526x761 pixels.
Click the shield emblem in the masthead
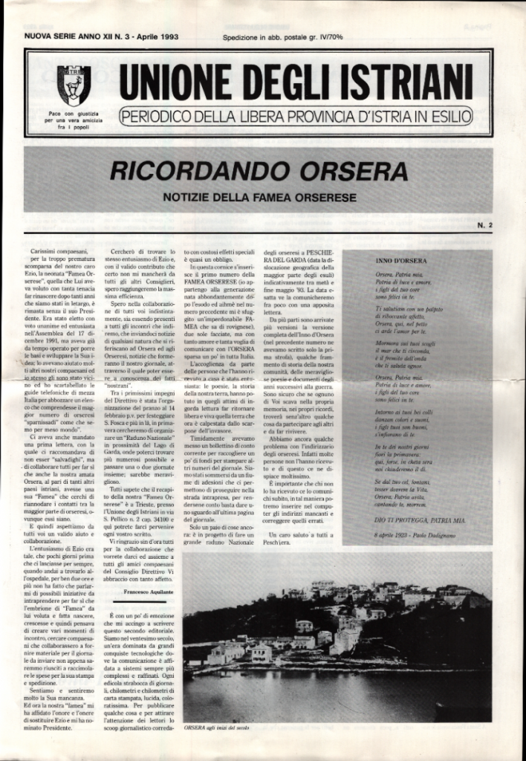pyautogui.click(x=74, y=83)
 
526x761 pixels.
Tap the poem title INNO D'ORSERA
pyautogui.click(x=400, y=262)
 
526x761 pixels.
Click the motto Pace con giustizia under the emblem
pyautogui.click(x=74, y=113)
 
